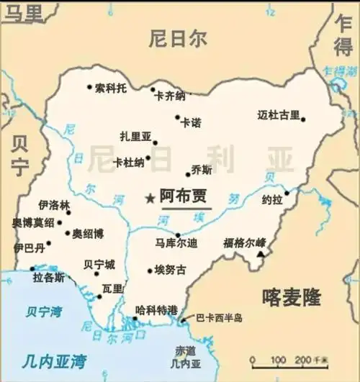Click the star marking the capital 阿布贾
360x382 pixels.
[x=150, y=198]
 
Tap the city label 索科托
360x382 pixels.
[x=112, y=88]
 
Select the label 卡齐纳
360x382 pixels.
[x=170, y=96]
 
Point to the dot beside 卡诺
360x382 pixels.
[x=177, y=117]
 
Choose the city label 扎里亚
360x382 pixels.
[x=135, y=136]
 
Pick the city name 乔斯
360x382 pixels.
[x=202, y=170]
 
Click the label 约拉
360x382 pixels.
[x=271, y=199]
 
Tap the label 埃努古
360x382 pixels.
[x=169, y=270]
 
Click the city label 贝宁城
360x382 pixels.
[x=99, y=264]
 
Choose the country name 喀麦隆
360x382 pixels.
[x=292, y=296]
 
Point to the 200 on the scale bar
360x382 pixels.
[x=298, y=359]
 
